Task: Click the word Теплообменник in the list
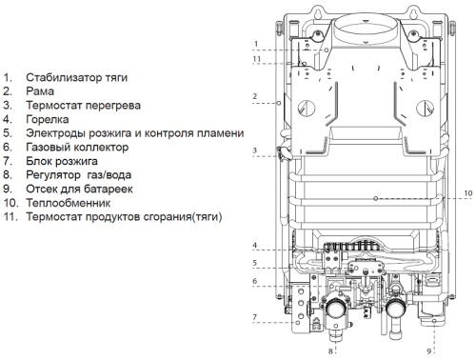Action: click(69, 203)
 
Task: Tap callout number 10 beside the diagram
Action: click(467, 193)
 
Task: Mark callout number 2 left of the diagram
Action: click(256, 96)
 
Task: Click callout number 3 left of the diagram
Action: click(256, 150)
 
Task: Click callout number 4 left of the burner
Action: click(256, 246)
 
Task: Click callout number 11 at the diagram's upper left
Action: click(256, 59)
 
